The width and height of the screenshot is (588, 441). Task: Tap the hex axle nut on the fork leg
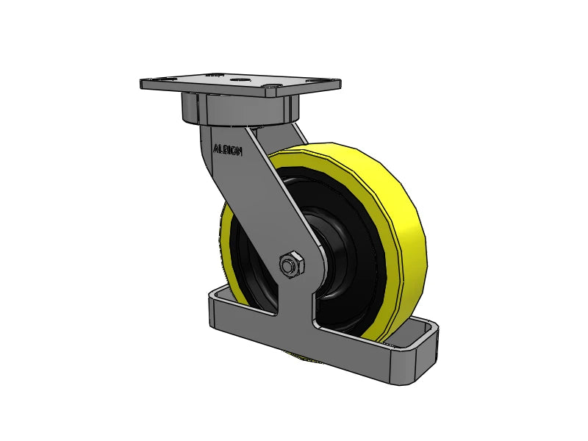pos(291,265)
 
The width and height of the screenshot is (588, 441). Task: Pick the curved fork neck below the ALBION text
pos(213,176)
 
